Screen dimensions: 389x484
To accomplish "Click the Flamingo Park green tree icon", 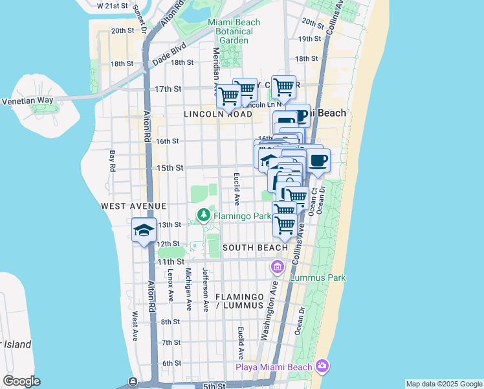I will pyautogui.click(x=204, y=215).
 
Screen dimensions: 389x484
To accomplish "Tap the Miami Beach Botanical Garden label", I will pyautogui.click(x=234, y=31).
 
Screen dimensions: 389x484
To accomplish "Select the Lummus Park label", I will pyautogui.click(x=318, y=277).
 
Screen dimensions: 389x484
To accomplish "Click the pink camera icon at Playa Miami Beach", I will pyautogui.click(x=322, y=367).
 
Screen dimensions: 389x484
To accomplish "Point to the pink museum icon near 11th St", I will pyautogui.click(x=278, y=266).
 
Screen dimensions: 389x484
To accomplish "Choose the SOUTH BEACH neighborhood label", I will pyautogui.click(x=256, y=248).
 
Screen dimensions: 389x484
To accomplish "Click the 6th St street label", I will pyautogui.click(x=171, y=362).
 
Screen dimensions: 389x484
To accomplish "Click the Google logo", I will pyautogui.click(x=21, y=381).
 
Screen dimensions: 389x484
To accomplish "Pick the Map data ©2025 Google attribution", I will pyautogui.click(x=443, y=384).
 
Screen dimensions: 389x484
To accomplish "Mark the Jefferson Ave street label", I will pyautogui.click(x=205, y=289).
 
